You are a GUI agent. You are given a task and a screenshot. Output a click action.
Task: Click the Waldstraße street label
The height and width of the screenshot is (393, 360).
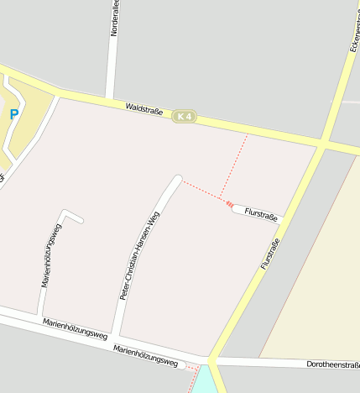click(x=143, y=109)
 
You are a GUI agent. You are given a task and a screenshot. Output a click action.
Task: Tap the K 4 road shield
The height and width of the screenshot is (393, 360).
click(x=185, y=116)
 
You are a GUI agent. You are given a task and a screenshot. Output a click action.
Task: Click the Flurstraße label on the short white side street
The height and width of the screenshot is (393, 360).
click(x=260, y=215)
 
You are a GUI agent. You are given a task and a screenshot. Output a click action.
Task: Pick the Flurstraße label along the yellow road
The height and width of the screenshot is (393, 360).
click(x=269, y=254)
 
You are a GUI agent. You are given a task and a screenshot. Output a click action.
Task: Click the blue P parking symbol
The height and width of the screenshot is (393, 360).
click(x=13, y=114)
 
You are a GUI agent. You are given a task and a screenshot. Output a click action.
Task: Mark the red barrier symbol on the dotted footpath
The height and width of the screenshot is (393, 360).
click(x=228, y=203)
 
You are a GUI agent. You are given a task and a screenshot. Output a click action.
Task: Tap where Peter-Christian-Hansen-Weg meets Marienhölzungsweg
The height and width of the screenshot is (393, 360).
click(x=117, y=334)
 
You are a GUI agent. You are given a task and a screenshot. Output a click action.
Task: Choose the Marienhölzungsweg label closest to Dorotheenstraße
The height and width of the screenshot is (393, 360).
click(x=148, y=357)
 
